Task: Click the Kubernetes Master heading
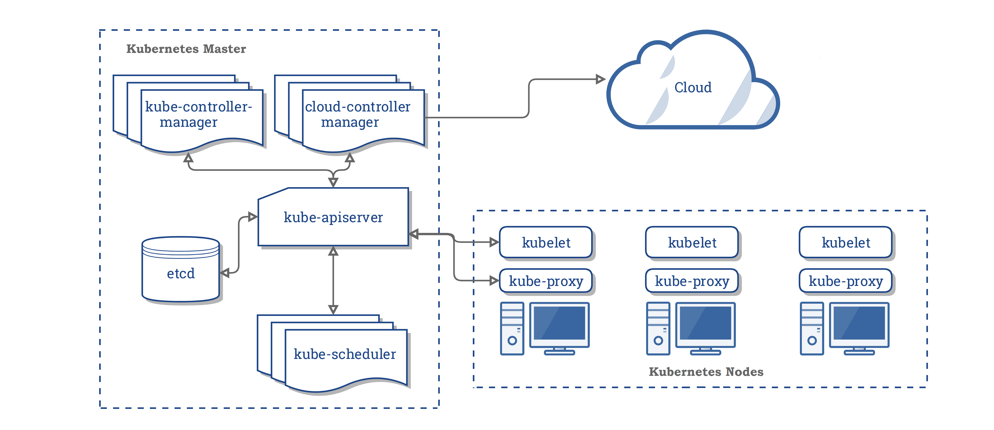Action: (186, 49)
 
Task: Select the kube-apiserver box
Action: (333, 217)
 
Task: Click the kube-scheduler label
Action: (345, 354)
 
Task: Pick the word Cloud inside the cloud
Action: (693, 88)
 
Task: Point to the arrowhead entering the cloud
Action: (600, 80)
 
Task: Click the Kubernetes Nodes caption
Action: (706, 372)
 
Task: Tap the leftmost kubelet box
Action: (546, 242)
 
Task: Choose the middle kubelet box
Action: (692, 242)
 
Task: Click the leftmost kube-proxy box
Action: (546, 281)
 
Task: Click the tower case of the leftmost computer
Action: (512, 328)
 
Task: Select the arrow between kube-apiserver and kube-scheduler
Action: (333, 280)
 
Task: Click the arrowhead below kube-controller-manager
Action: (188, 158)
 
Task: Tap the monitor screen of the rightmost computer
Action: (859, 323)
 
